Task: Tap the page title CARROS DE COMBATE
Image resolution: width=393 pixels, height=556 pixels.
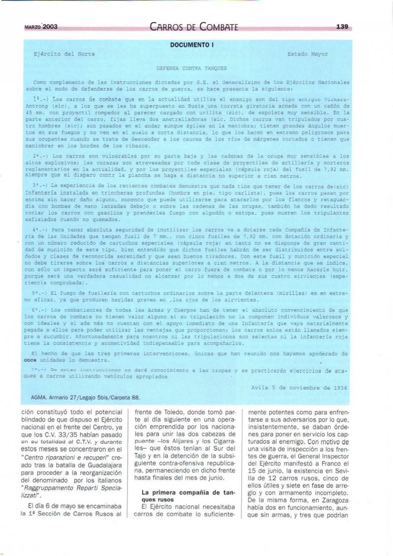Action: tap(194, 27)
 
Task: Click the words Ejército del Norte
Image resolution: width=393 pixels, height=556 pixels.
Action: tap(64, 54)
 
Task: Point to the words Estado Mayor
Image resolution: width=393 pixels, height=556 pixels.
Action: tap(307, 54)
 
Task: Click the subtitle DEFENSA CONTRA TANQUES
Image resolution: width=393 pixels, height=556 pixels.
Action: tap(185, 68)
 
